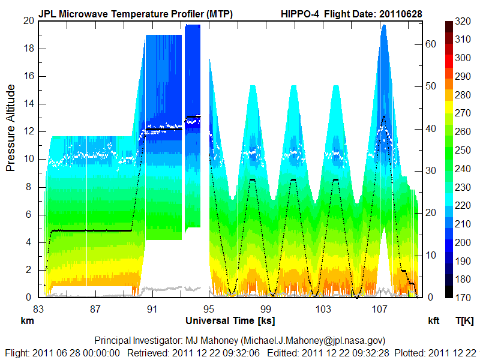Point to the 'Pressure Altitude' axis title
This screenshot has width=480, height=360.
(11, 128)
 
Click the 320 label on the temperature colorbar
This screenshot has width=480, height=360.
(463, 21)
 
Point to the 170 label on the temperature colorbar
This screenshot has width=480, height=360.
(463, 297)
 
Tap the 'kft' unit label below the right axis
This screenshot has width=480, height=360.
(433, 320)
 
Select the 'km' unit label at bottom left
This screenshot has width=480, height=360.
(26, 320)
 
